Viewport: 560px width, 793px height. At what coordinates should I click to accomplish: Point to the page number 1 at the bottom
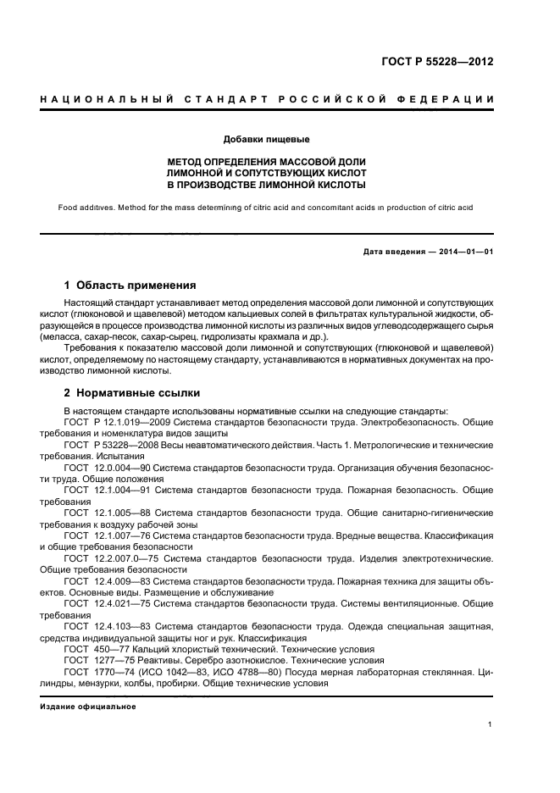(x=491, y=724)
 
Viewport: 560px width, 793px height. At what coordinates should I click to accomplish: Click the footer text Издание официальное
(x=88, y=706)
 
